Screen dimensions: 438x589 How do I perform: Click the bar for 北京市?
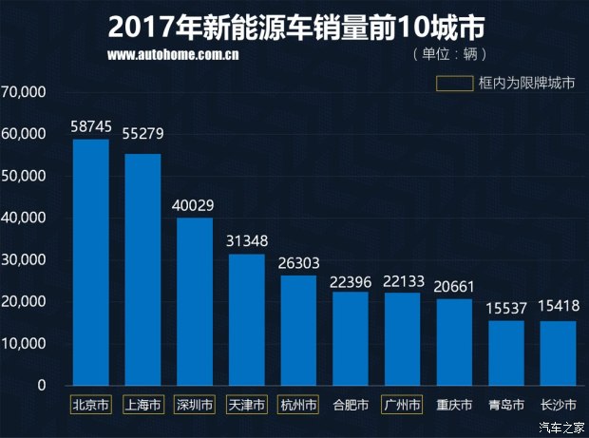coord(91,262)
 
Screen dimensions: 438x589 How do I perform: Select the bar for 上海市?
coord(142,270)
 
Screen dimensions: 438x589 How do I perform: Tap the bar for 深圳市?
coord(195,301)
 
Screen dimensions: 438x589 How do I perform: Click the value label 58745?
coord(91,126)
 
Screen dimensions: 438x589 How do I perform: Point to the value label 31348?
coord(246,241)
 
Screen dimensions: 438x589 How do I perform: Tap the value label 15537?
coord(505,308)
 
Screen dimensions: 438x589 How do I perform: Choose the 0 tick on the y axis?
coord(41,385)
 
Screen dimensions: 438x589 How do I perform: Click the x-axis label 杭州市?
coord(298,405)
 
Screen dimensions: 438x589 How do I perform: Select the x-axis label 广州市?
coord(402,405)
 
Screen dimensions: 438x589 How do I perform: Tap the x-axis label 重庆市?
coord(454,405)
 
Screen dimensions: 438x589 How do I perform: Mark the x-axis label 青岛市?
coord(505,405)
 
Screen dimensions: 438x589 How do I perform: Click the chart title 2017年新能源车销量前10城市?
coord(294,23)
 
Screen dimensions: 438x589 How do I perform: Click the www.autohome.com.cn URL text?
coord(172,54)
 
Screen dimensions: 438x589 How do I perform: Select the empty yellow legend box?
coord(454,83)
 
